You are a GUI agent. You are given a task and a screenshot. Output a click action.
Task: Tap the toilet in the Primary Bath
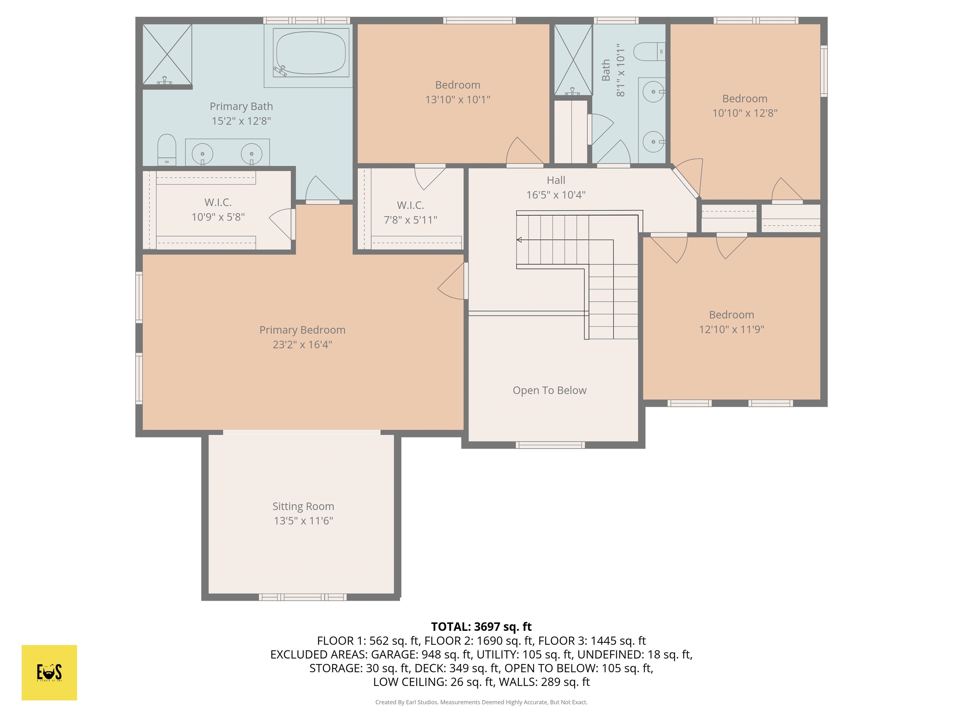tap(166, 149)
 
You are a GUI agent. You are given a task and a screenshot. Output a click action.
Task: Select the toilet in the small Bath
tap(649, 52)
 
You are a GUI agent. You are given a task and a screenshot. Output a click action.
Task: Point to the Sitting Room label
tap(303, 506)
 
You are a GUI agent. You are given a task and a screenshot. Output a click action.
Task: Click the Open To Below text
tap(550, 390)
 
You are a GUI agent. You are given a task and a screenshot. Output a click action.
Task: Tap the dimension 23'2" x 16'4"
tap(302, 345)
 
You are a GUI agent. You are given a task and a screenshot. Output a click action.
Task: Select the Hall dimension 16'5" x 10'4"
tap(555, 195)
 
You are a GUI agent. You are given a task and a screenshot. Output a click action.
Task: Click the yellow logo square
tap(49, 672)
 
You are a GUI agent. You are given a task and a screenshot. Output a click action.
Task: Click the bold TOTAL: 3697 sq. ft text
tap(481, 627)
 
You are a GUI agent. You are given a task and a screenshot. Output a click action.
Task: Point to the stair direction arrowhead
tap(519, 240)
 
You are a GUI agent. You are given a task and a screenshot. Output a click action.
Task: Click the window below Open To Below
tap(550, 445)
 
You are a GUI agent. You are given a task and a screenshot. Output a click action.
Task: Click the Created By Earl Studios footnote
tap(481, 702)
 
